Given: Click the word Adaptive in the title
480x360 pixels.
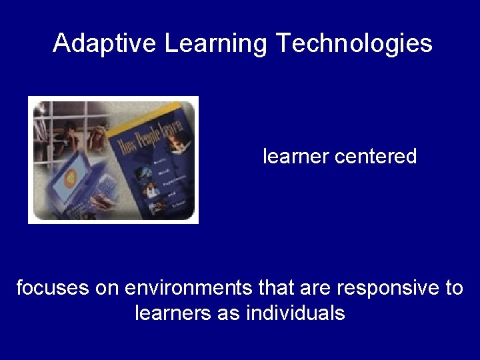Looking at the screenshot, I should point(105,43).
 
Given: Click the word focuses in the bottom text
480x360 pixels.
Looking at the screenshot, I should point(52,288).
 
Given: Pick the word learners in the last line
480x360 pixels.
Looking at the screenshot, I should point(173,313).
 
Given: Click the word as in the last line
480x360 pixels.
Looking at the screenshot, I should point(229,313).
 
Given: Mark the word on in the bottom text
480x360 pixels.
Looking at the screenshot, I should point(107,288).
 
